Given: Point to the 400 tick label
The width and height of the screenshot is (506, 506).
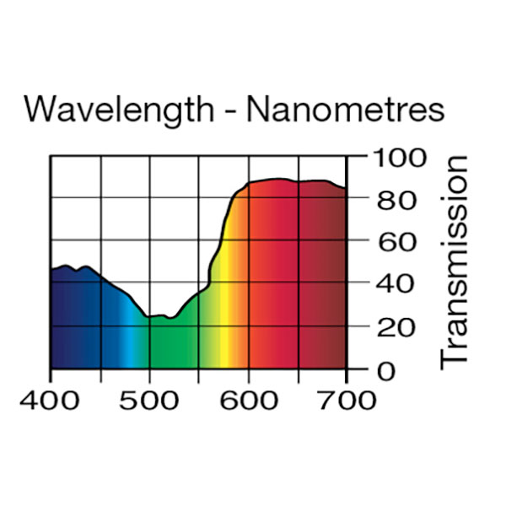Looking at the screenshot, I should coord(50,399).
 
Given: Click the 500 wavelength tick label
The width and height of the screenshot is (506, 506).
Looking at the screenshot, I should coord(149,399).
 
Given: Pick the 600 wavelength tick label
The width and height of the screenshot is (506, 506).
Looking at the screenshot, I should coord(248,399).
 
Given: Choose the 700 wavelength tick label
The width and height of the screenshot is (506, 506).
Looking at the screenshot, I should coord(347,399).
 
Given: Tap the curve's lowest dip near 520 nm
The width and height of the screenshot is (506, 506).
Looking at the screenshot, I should coord(170,318).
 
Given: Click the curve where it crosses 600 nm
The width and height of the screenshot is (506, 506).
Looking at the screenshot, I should coord(248,183).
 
